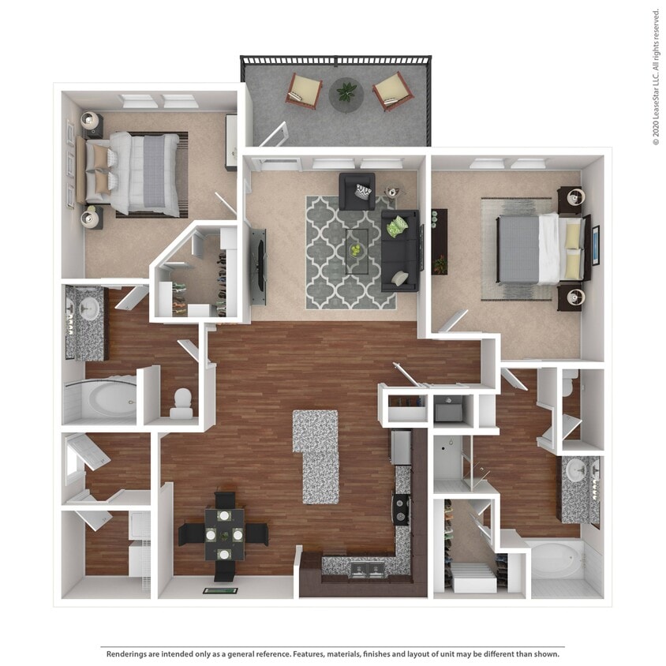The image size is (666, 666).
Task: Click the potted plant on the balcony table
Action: [x=346, y=92]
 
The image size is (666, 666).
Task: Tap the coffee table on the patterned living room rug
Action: [x=357, y=251]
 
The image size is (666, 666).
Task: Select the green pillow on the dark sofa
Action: [x=398, y=226]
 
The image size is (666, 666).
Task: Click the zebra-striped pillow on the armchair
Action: [x=363, y=192]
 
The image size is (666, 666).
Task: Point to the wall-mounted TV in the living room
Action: [x=258, y=266]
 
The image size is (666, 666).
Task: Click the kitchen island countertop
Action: [x=317, y=455]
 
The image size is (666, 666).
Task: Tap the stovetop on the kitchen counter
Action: [x=402, y=509]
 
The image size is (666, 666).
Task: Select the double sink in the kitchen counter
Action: [x=365, y=568]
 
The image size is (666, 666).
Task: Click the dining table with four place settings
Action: [x=224, y=534]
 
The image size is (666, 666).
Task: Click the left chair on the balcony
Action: [x=303, y=91]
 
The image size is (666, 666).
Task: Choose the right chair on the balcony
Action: [x=392, y=92]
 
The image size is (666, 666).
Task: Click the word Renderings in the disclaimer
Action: [x=129, y=653]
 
